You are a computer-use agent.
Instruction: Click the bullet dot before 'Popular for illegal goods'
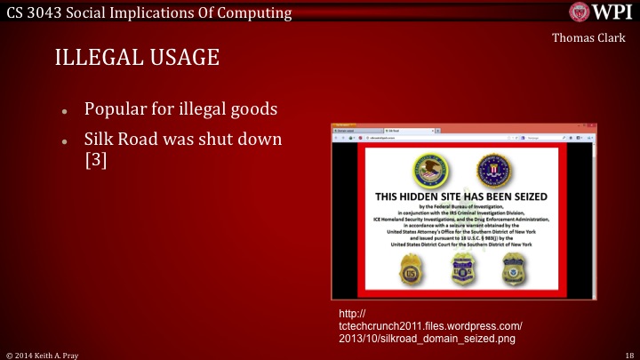pyautogui.click(x=65, y=113)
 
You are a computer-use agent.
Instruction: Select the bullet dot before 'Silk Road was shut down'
pyautogui.click(x=65, y=143)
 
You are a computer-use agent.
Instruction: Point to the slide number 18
pyautogui.click(x=628, y=353)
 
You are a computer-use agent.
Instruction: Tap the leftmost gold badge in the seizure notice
pyautogui.click(x=413, y=267)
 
